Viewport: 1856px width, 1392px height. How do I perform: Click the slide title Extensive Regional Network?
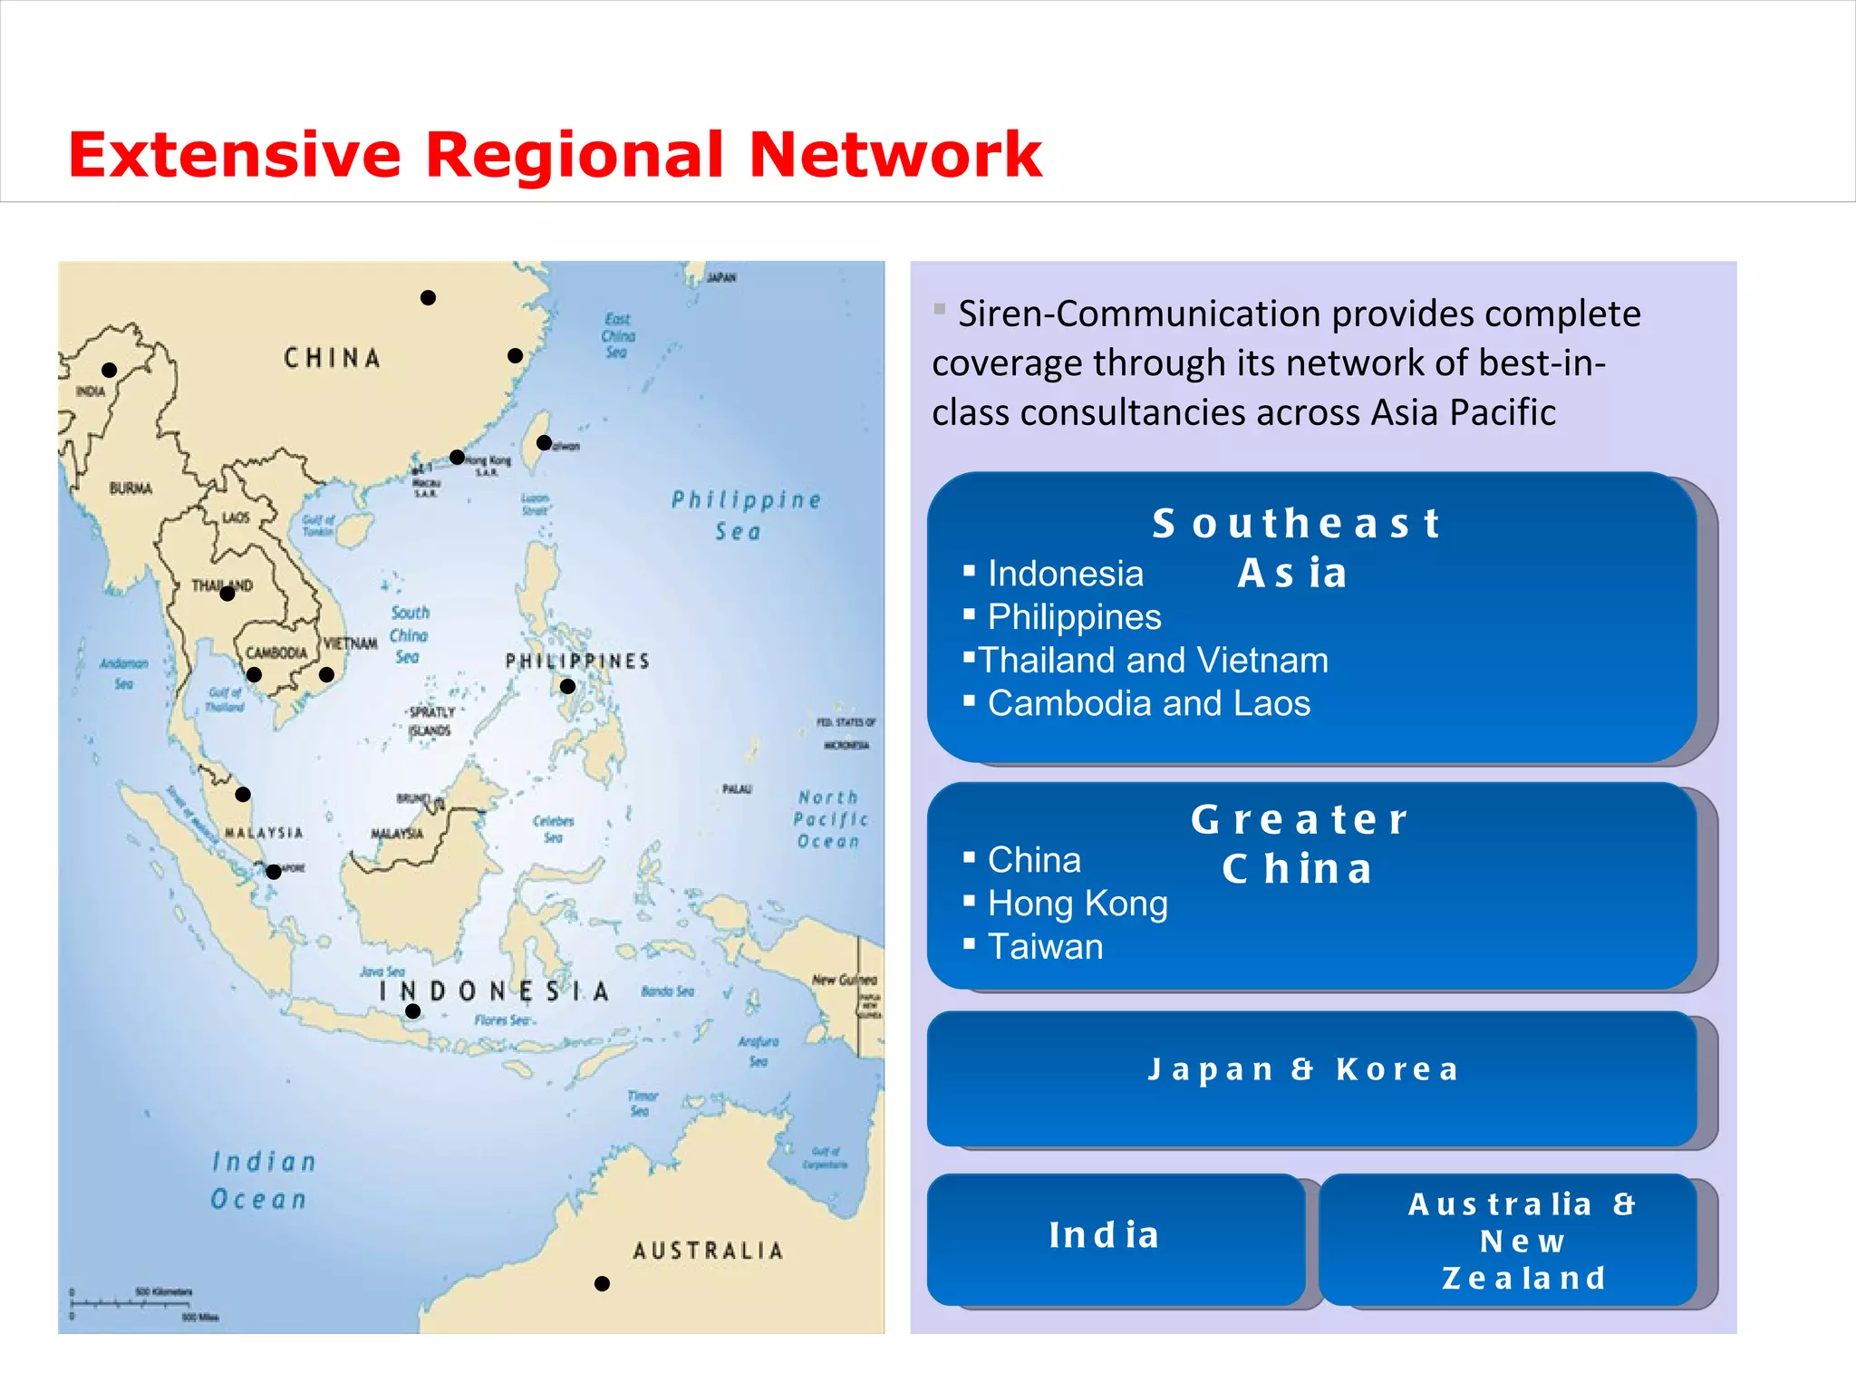pyautogui.click(x=555, y=154)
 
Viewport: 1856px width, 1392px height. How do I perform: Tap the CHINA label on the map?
pyautogui.click(x=332, y=358)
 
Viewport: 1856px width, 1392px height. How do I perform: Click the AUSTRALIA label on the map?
pyautogui.click(x=708, y=1252)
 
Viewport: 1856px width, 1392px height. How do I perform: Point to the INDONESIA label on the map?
pyautogui.click(x=494, y=991)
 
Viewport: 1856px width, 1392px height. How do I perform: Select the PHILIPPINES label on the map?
pyautogui.click(x=577, y=662)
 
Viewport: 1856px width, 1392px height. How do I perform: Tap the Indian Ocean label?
pyautogui.click(x=263, y=1180)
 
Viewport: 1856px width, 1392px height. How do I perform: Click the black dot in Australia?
pyautogui.click(x=602, y=1283)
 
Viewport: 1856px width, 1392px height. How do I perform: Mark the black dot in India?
pyautogui.click(x=110, y=370)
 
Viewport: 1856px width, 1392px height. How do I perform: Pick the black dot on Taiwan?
pyautogui.click(x=544, y=443)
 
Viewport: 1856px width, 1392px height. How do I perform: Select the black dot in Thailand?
pyautogui.click(x=227, y=594)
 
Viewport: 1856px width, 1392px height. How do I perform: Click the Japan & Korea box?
pyautogui.click(x=1310, y=1078)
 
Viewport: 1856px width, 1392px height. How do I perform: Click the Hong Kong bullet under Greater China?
pyautogui.click(x=1077, y=904)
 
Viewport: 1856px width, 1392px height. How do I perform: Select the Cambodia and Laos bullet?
pyautogui.click(x=1148, y=703)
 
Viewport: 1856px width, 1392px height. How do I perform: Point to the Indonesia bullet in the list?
pyautogui.click(x=1065, y=574)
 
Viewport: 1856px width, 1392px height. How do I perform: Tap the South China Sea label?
pyautogui.click(x=409, y=635)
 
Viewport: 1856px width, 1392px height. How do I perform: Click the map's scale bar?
pyautogui.click(x=145, y=1304)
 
